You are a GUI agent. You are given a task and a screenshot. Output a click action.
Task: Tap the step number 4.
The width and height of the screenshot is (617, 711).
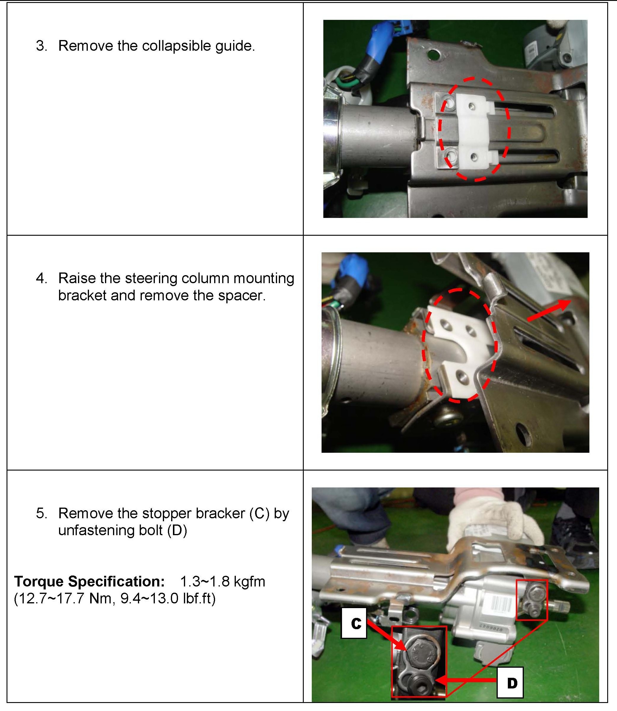(x=41, y=278)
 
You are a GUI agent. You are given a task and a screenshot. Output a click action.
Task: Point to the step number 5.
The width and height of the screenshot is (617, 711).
(x=41, y=513)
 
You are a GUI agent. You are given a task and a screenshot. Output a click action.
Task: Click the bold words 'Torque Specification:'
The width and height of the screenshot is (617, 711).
(x=89, y=581)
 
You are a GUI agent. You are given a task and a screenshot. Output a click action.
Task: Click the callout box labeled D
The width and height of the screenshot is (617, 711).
(x=511, y=683)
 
